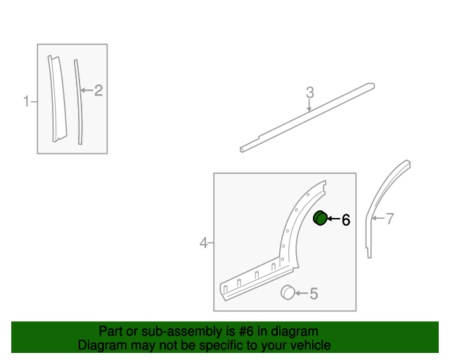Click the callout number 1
[x=25, y=101]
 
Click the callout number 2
[x=98, y=90]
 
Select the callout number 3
[x=309, y=92]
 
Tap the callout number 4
[x=203, y=243]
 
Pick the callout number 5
[x=314, y=294]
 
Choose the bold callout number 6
[x=346, y=220]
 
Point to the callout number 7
[x=390, y=219]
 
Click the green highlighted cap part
[x=320, y=219]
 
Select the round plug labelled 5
[x=288, y=292]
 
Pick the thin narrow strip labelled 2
[x=77, y=102]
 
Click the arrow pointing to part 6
[x=333, y=219]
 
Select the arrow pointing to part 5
[x=301, y=293]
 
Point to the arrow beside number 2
[x=86, y=90]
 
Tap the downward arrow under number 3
[x=309, y=106]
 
